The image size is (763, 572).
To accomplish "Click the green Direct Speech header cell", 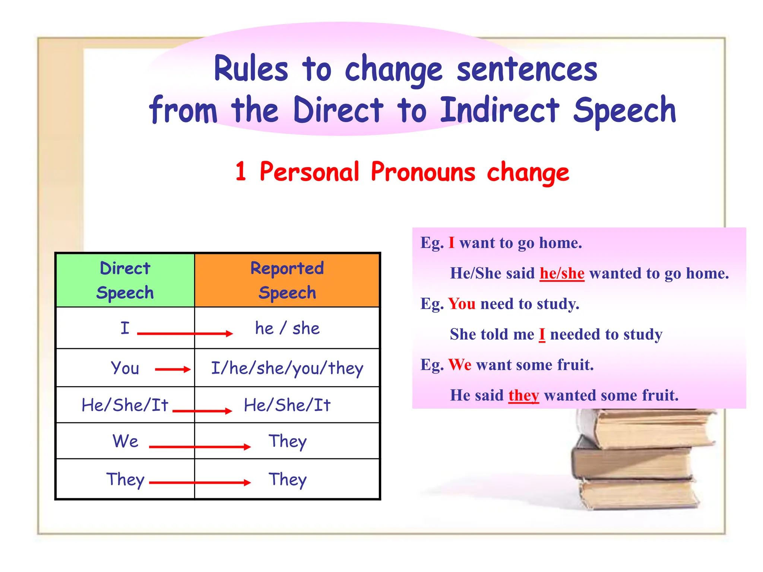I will pos(125,280).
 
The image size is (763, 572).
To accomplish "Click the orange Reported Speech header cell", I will pos(287,280).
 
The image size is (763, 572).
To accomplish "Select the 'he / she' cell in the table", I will pos(287,328).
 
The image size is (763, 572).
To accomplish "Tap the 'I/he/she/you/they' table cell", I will pos(287,368).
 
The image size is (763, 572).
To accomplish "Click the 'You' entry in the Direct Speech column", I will pos(125,368).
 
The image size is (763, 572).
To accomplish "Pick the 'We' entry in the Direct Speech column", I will pos(126,441).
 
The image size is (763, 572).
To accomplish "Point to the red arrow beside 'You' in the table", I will pos(172,369).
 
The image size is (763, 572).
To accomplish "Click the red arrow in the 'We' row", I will pos(200,447).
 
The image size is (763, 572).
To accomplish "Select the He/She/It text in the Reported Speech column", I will pos(287,405).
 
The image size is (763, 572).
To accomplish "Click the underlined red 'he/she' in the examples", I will pos(562,273).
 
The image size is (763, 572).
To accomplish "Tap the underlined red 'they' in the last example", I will pos(523,395).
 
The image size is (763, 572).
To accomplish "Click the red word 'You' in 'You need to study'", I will pos(462,304).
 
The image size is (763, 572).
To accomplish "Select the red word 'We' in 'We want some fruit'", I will pos(460,365).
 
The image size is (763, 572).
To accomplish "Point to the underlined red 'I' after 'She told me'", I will pos(542,334).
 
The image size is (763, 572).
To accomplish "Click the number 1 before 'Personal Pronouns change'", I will pos(241,172).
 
